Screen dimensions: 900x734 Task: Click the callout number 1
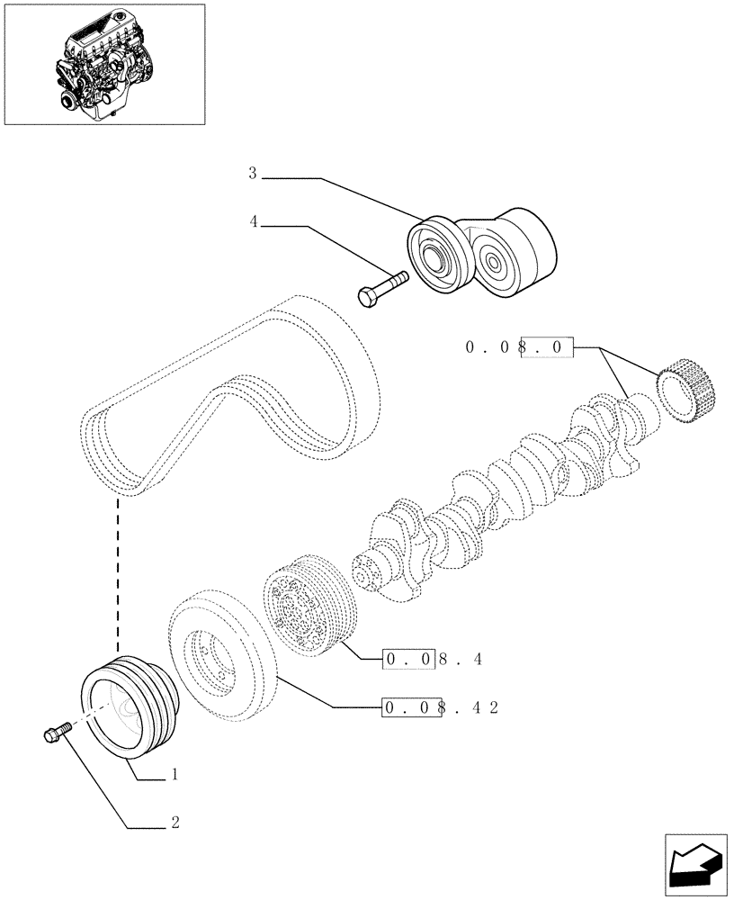[175, 774]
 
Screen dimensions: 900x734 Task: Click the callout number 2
[175, 822]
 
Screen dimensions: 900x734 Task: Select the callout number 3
[253, 173]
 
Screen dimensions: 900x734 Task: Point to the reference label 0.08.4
[434, 660]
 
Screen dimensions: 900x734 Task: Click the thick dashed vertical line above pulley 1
[118, 576]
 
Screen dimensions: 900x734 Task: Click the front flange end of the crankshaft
[369, 571]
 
